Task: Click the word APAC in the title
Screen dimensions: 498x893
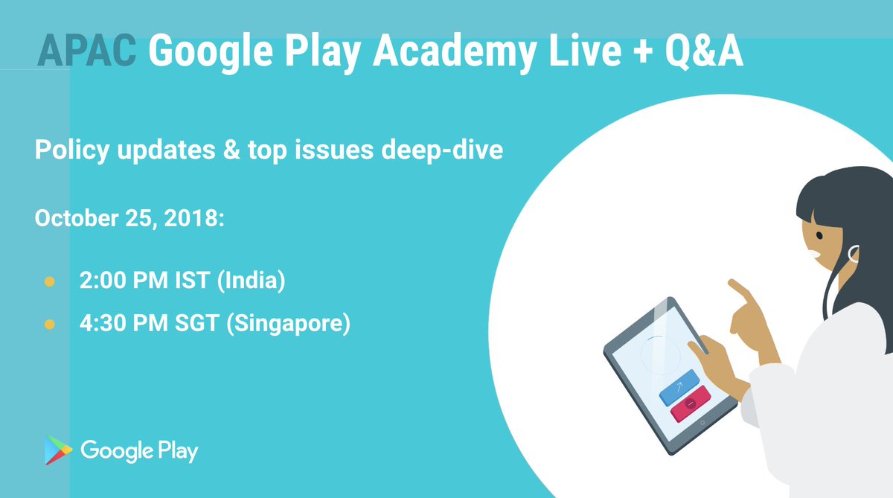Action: pyautogui.click(x=87, y=50)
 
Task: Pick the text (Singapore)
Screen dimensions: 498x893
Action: pyautogui.click(x=291, y=325)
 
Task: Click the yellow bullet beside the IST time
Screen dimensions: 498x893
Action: pyautogui.click(x=50, y=282)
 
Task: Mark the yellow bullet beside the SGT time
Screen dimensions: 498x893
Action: pyautogui.click(x=50, y=325)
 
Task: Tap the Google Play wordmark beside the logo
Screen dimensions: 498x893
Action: pyautogui.click(x=139, y=451)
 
